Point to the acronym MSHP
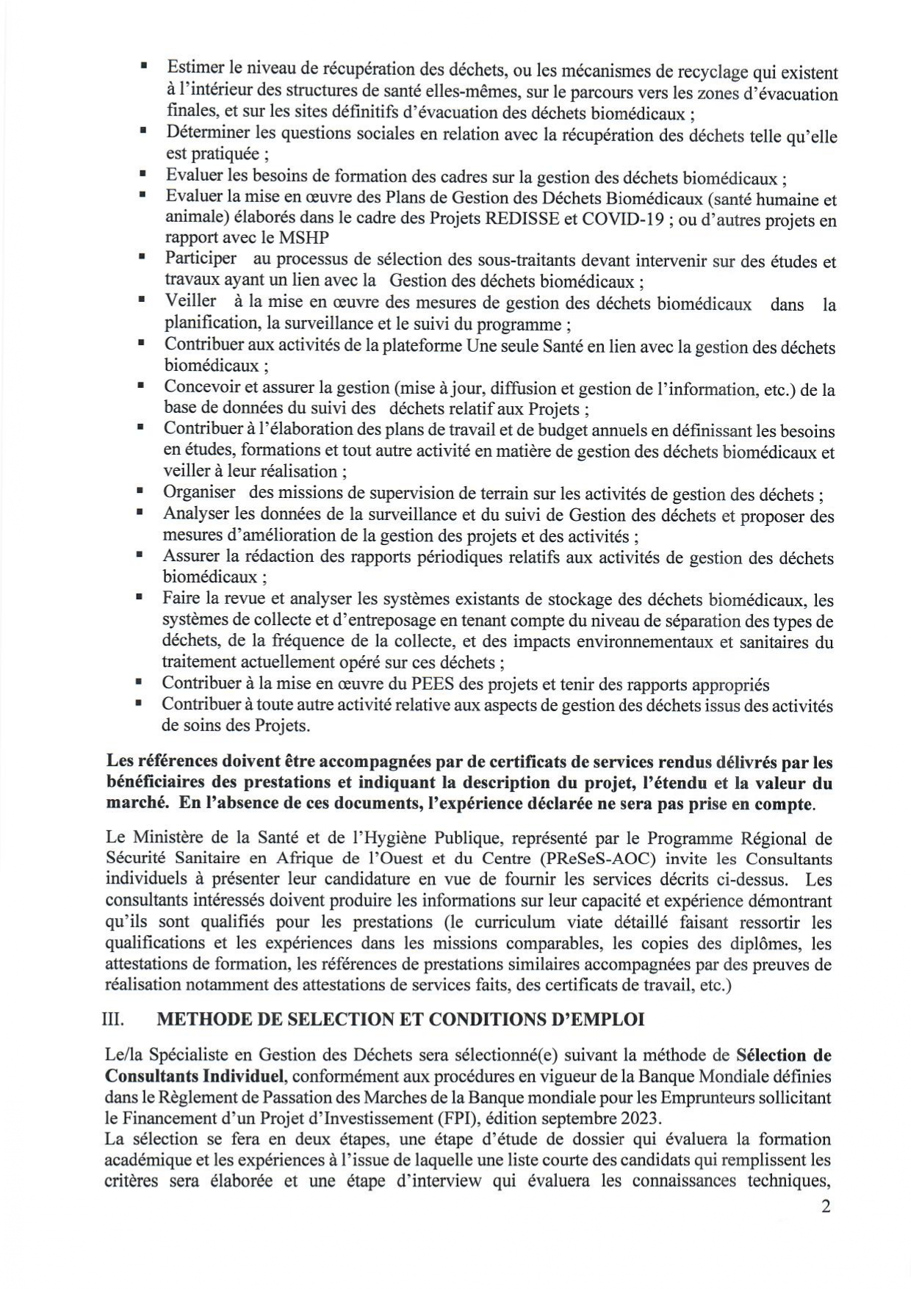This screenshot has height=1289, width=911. pyautogui.click(x=303, y=238)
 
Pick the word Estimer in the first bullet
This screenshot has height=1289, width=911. pyautogui.click(x=194, y=68)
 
